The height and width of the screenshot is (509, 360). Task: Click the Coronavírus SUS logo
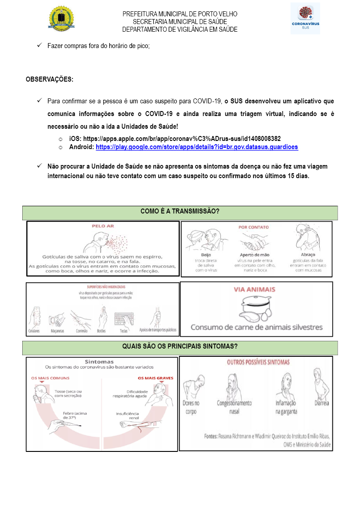click(x=305, y=19)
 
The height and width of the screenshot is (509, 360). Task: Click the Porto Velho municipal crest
click(x=61, y=19)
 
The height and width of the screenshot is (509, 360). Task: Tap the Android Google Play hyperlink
click(x=196, y=147)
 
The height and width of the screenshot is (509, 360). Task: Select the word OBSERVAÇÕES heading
click(x=49, y=79)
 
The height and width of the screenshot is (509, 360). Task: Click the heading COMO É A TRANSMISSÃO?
click(x=180, y=211)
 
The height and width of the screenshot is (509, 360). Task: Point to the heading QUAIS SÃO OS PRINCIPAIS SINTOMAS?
click(x=180, y=347)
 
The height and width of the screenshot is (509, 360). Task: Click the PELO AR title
click(x=103, y=226)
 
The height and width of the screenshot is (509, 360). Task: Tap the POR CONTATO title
click(x=254, y=227)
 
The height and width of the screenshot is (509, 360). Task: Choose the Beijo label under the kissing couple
click(x=200, y=254)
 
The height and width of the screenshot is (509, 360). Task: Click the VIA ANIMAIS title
click(x=254, y=289)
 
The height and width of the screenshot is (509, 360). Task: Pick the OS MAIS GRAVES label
click(x=156, y=378)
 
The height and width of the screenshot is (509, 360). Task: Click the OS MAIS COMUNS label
click(x=47, y=378)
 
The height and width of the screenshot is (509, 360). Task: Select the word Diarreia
click(x=322, y=403)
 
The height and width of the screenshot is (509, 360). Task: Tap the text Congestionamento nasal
click(x=234, y=407)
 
